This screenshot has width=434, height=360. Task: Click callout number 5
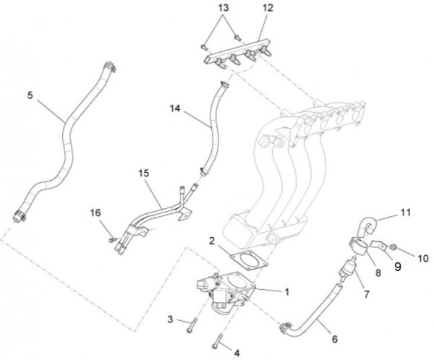coord(30,94)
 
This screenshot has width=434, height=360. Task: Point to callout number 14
coord(174,110)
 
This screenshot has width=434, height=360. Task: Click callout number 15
coord(142,173)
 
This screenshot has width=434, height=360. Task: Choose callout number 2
coord(211,239)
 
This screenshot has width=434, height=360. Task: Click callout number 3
coord(171,318)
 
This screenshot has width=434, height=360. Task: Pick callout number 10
coord(423,257)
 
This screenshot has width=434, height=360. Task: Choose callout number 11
coord(405,213)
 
